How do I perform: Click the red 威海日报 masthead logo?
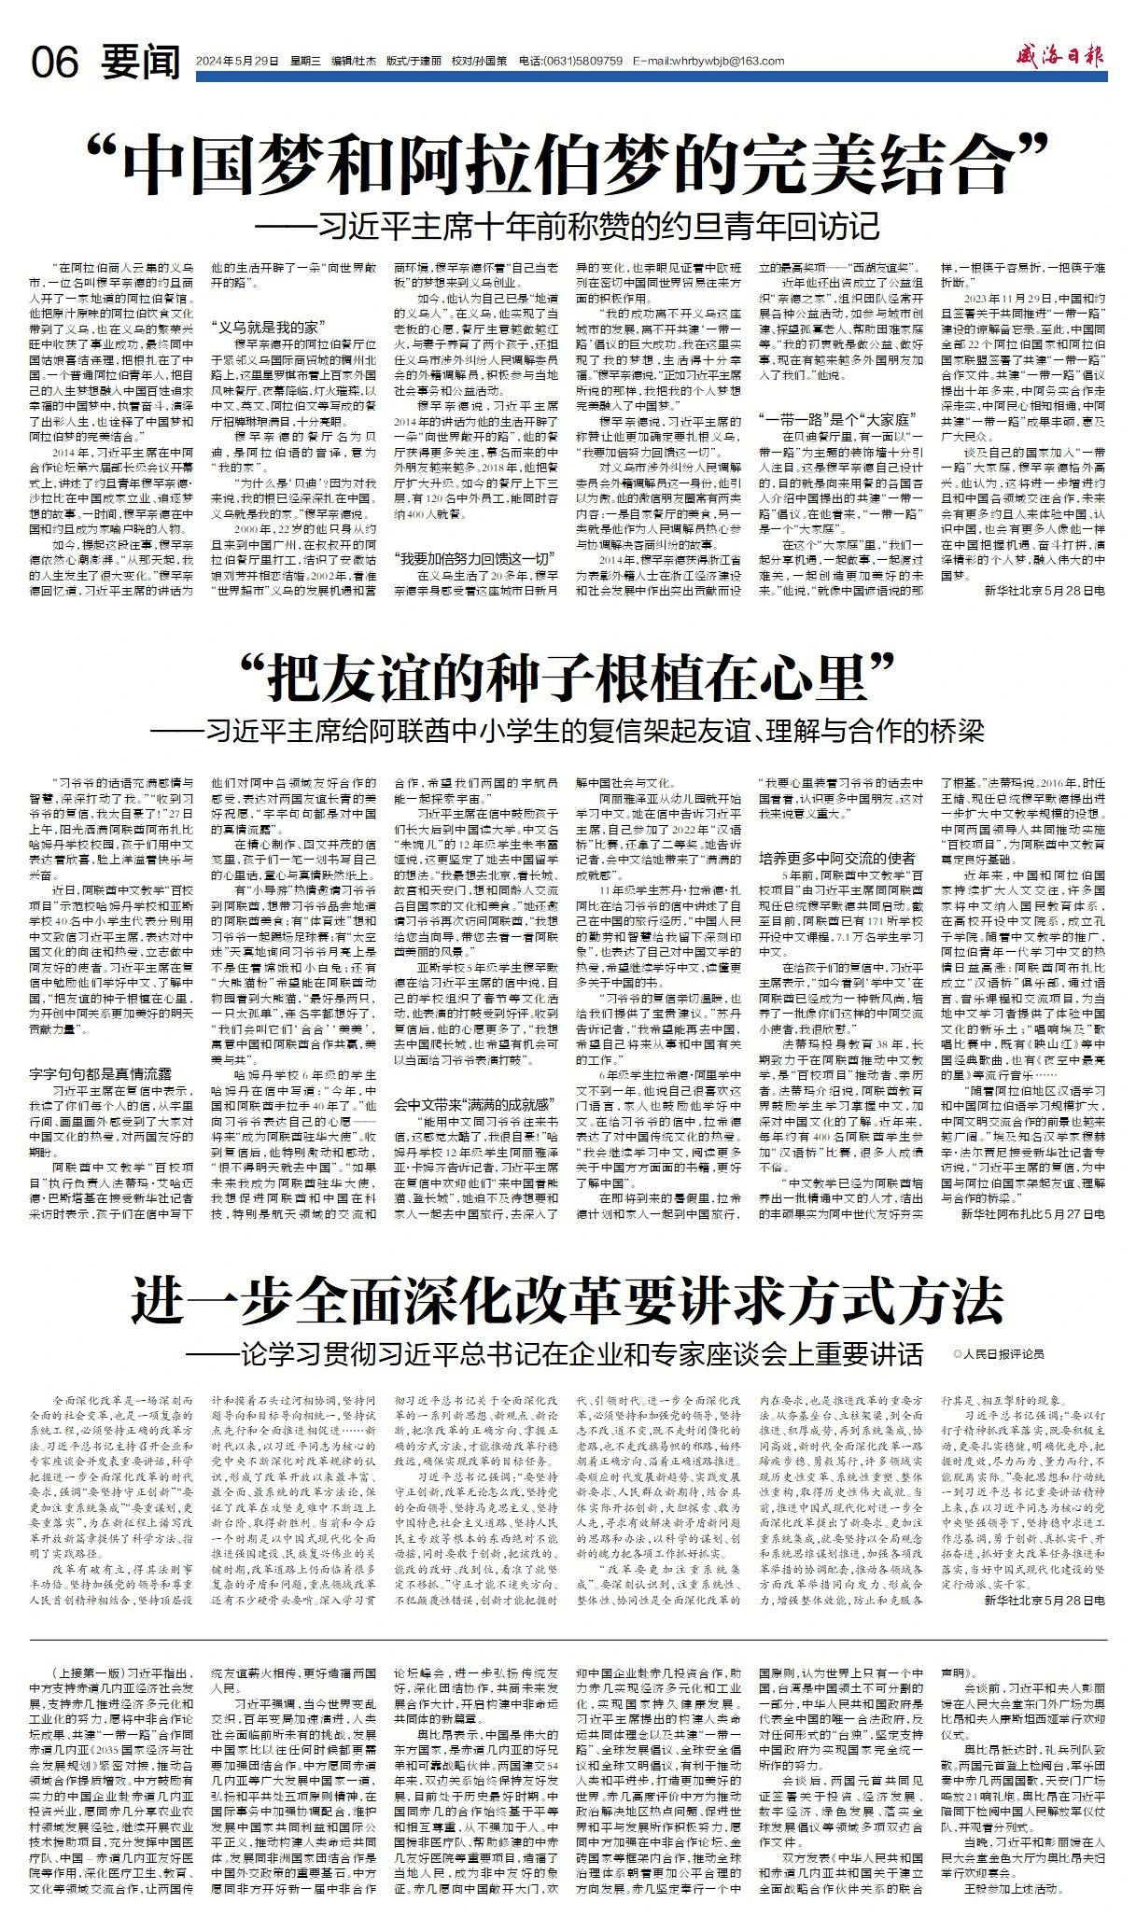point(1061,57)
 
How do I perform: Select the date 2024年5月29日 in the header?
point(237,62)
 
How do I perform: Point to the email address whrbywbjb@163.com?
point(708,62)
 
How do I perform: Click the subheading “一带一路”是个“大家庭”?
point(824,420)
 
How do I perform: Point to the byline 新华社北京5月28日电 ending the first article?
point(1045,591)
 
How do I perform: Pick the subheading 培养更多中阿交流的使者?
point(837,858)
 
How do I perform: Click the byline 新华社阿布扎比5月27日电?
point(1032,1213)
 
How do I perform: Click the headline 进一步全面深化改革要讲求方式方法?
point(568,1301)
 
